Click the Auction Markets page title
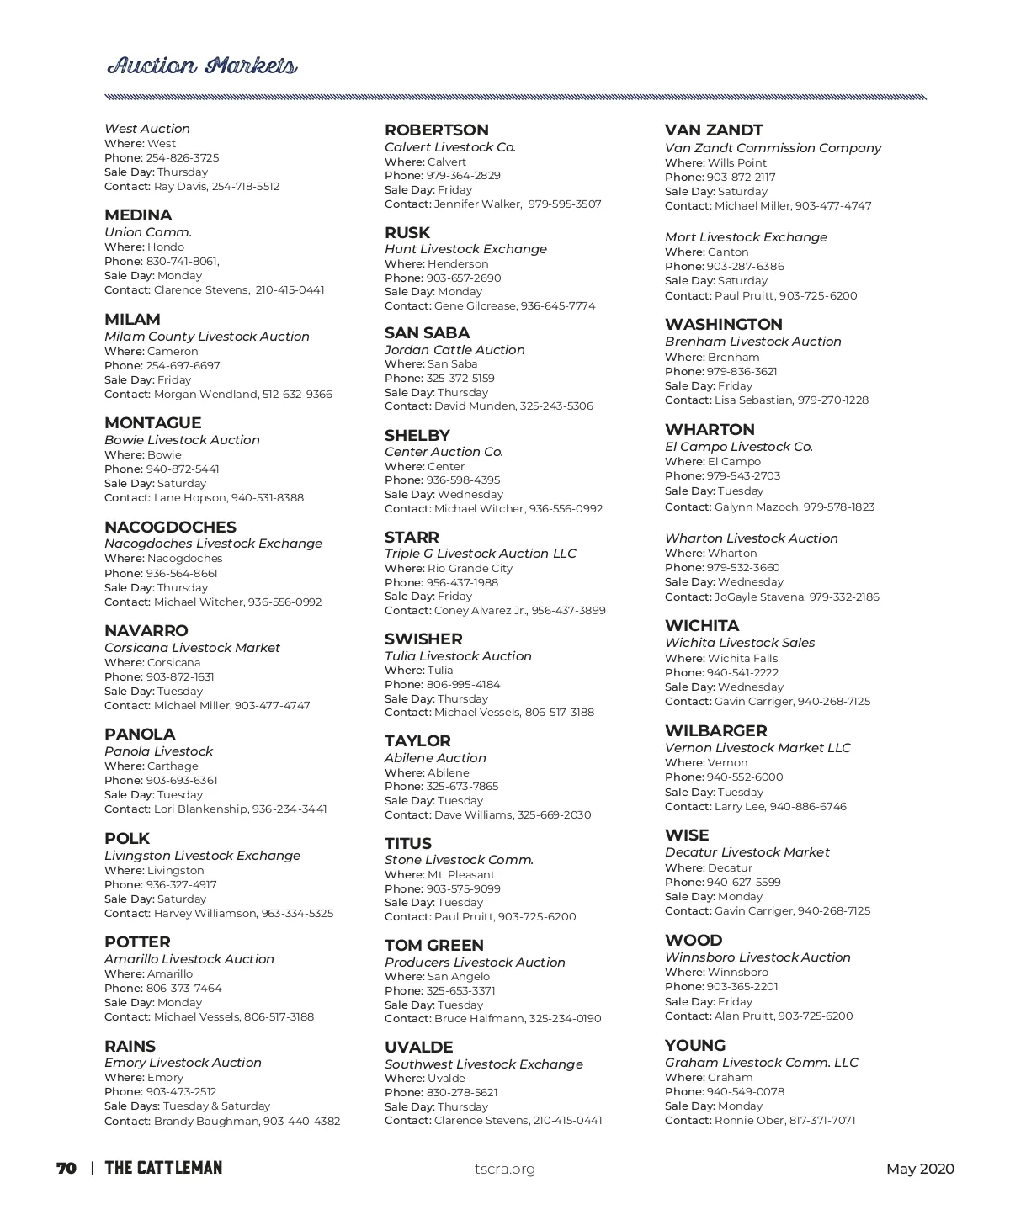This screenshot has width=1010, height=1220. click(202, 66)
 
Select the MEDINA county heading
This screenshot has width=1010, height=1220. click(138, 215)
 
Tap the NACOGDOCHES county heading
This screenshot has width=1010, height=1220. click(170, 528)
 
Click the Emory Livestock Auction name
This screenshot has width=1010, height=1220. click(183, 1063)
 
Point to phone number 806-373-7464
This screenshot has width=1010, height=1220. click(183, 989)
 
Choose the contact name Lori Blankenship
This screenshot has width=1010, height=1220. click(200, 809)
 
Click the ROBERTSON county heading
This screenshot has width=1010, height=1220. click(436, 130)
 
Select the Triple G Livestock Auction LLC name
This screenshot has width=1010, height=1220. click(480, 554)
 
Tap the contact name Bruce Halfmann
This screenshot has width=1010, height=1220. click(479, 1019)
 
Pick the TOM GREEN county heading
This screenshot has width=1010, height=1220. click(433, 946)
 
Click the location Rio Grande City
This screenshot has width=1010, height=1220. click(470, 569)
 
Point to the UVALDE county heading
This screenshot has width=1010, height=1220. click(418, 1048)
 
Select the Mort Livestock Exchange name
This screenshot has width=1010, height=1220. click(746, 237)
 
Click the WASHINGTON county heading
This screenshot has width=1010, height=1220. click(723, 325)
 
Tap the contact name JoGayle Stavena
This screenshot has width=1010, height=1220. click(759, 597)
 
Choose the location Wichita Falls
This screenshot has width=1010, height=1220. click(742, 659)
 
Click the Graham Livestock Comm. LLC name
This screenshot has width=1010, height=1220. click(761, 1063)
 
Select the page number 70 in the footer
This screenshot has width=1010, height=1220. click(66, 1169)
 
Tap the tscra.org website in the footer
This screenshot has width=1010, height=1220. click(505, 1169)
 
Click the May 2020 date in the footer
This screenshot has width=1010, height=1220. click(920, 1169)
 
